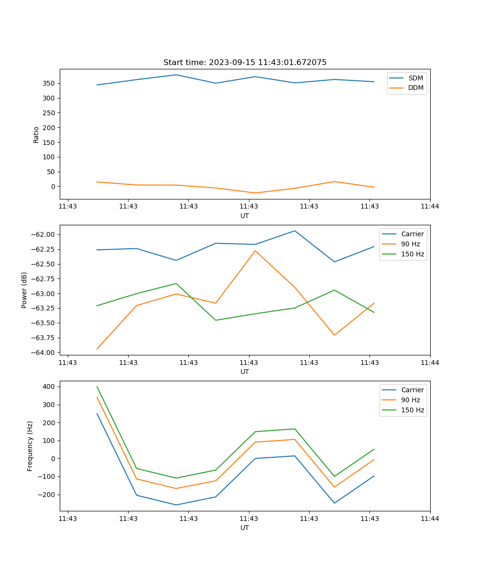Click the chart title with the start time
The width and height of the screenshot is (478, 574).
pos(245,63)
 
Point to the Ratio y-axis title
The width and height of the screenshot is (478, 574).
pos(36,134)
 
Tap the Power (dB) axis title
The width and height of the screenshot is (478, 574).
pos(24,290)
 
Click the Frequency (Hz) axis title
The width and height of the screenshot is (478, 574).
pos(30,446)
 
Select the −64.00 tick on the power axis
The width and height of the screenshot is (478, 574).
pos(43,353)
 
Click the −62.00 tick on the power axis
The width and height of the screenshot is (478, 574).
pos(43,234)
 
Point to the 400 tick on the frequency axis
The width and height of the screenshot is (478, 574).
pos(50,386)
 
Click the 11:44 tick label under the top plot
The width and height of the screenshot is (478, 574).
pos(430,207)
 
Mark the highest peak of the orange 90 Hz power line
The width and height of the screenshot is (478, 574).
pos(255,251)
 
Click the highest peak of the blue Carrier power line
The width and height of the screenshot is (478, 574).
pos(294,231)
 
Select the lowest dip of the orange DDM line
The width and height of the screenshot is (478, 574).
pos(255,193)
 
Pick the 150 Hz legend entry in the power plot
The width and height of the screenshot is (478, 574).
pos(412,254)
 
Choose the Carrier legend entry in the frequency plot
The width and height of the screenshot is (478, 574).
pos(412,390)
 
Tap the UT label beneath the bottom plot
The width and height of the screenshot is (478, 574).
pos(245,528)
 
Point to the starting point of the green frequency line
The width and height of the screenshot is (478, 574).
pos(97,387)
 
